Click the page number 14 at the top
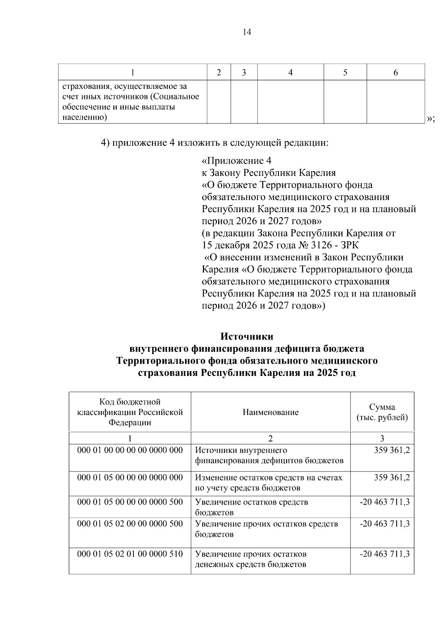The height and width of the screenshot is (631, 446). click(247, 32)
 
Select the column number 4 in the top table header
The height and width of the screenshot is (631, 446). click(290, 73)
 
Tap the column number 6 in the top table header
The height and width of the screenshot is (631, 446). click(395, 73)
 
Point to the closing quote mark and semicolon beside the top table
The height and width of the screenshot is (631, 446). click(431, 119)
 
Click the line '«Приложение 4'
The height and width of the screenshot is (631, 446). click(237, 161)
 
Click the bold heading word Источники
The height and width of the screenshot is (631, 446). click(247, 337)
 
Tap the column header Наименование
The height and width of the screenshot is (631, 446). click(270, 412)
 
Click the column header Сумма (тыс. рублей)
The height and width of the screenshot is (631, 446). click(382, 412)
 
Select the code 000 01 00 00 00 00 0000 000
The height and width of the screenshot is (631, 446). click(130, 450)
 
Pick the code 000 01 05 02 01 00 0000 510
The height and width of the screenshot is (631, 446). click(130, 554)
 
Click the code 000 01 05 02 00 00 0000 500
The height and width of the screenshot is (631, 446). click(130, 524)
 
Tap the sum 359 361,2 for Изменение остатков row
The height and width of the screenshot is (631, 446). click(392, 477)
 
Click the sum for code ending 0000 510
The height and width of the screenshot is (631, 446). click(385, 554)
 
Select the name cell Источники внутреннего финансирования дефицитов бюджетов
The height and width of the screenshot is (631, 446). click(269, 455)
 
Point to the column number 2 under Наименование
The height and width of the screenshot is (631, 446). click(270, 438)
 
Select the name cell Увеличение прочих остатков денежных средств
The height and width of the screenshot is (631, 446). click(251, 559)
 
